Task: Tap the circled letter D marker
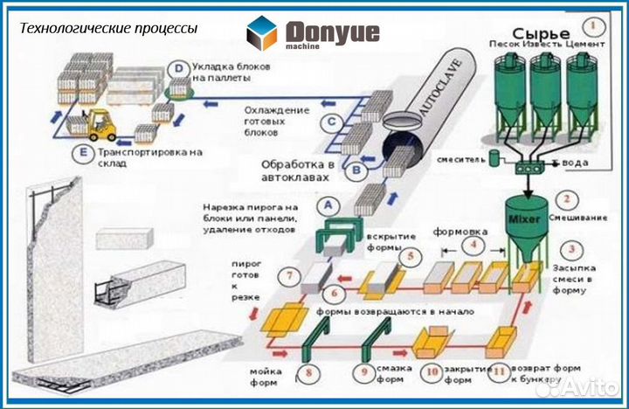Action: (x=178, y=68)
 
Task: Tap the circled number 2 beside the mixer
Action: (x=568, y=200)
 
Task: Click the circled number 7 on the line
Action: (x=289, y=277)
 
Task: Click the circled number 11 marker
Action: (x=500, y=371)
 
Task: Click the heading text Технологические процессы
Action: (x=109, y=28)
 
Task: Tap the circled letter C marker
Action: (x=331, y=123)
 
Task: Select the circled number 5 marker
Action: (x=407, y=256)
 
